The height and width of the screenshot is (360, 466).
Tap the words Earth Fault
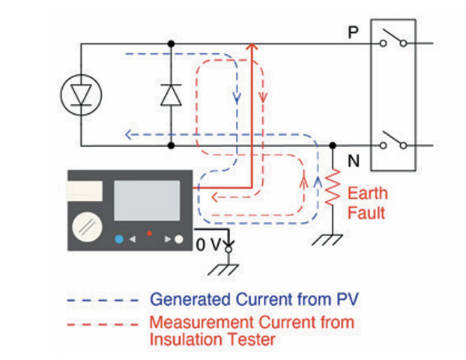(x=367, y=202)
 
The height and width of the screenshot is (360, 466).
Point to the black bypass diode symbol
(x=172, y=94)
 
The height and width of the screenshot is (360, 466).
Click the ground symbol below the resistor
(x=333, y=239)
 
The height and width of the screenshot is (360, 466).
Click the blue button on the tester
(x=119, y=240)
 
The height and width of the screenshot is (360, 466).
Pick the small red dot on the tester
(x=149, y=234)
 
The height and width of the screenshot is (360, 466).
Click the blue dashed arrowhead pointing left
(x=128, y=135)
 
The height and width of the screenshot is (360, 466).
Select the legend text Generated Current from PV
(x=254, y=299)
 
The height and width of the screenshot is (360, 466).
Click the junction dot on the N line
(x=333, y=145)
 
